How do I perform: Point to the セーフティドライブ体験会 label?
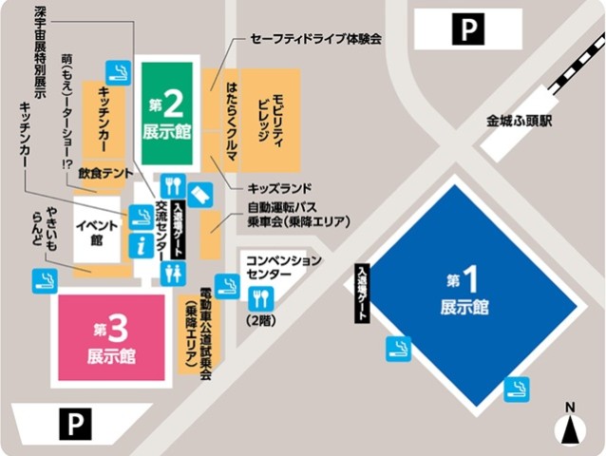pos(315,39)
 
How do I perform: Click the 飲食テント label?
pos(105,175)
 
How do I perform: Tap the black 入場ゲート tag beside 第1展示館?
pos(363,294)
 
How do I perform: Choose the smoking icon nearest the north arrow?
pos(517,387)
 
